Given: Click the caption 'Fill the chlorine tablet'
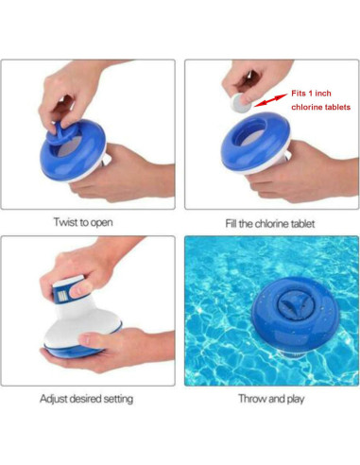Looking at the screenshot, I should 270,223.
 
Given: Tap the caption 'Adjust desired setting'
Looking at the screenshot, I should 92,398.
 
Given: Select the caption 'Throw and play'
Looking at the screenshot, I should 270,398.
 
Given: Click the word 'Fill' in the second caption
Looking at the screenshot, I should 232,223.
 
